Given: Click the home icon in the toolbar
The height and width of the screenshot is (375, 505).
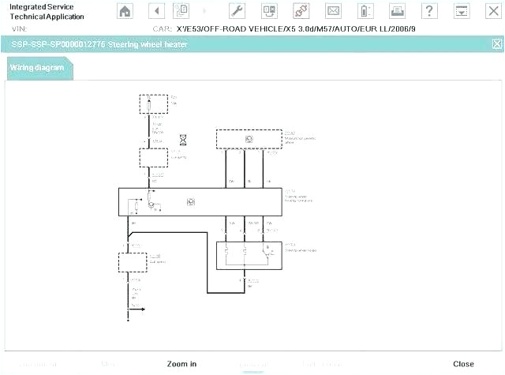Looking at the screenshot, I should [x=125, y=11].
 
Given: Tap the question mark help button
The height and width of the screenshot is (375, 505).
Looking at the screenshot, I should [x=428, y=11].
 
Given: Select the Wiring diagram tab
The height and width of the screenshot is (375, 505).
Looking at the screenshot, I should [x=38, y=68].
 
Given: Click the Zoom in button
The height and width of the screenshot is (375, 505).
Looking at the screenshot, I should [x=181, y=364].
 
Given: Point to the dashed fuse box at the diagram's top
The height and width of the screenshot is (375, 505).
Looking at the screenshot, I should [x=152, y=104].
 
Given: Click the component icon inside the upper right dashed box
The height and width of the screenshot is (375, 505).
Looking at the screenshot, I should [x=249, y=139].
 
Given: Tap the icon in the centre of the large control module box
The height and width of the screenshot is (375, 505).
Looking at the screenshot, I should [x=190, y=202].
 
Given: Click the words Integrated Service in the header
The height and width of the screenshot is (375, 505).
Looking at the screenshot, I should [x=41, y=7].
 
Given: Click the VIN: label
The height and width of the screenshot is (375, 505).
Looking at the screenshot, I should [x=20, y=28].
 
